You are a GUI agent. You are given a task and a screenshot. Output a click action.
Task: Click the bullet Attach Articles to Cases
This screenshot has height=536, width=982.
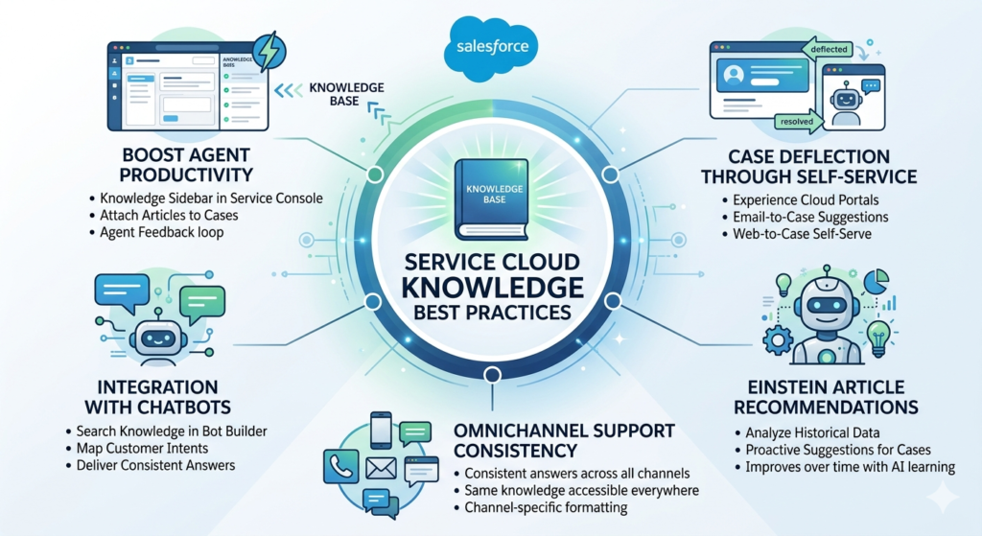tap(169, 216)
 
